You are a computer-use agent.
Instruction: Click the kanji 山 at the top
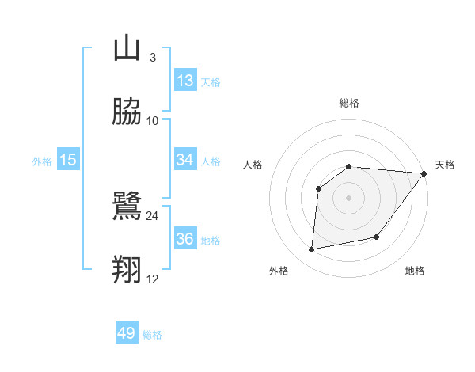(127, 49)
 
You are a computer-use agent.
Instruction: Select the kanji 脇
(127, 112)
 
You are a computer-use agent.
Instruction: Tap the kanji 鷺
(127, 207)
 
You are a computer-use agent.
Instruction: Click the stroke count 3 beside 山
(152, 58)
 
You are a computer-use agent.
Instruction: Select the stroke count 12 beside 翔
(152, 279)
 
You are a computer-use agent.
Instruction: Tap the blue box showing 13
(185, 81)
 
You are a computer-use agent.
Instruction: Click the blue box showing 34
(185, 160)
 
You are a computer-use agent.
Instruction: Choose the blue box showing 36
(185, 239)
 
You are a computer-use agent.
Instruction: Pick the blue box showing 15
(68, 160)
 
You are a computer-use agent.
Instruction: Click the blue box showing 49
(127, 333)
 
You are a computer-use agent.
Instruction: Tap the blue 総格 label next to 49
(152, 335)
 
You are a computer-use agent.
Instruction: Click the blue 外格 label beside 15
(42, 161)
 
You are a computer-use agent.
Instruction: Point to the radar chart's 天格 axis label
(445, 165)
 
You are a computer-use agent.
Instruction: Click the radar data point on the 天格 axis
(424, 174)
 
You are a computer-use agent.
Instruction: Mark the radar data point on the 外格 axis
(312, 250)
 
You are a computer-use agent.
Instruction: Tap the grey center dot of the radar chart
(348, 197)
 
